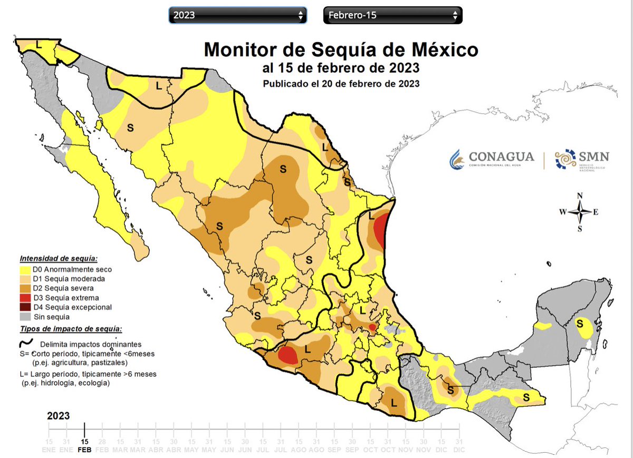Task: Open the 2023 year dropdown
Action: [237, 15]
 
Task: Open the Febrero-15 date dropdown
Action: [392, 15]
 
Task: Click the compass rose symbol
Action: [580, 212]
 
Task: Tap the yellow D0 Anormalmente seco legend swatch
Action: [25, 269]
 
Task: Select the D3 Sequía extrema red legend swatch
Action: [25, 298]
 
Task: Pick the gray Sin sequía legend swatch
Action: [25, 317]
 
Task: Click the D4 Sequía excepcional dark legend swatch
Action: [25, 307]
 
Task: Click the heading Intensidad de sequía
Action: [58, 259]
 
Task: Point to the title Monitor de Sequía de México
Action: [341, 50]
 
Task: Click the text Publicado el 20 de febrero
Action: [341, 83]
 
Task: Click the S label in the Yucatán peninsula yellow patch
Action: [580, 323]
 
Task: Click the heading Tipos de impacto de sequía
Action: [71, 329]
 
